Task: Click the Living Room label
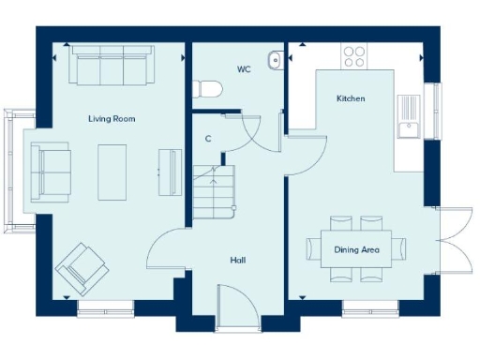(x=112, y=118)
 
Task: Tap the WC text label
(x=244, y=68)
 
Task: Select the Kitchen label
(x=351, y=98)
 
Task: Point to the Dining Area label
(x=356, y=249)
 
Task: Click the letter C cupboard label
(x=208, y=139)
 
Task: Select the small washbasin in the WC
(x=274, y=61)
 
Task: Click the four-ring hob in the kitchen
(x=354, y=56)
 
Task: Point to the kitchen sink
(x=409, y=129)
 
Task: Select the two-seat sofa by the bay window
(x=49, y=172)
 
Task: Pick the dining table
(x=357, y=248)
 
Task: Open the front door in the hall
(x=237, y=309)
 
